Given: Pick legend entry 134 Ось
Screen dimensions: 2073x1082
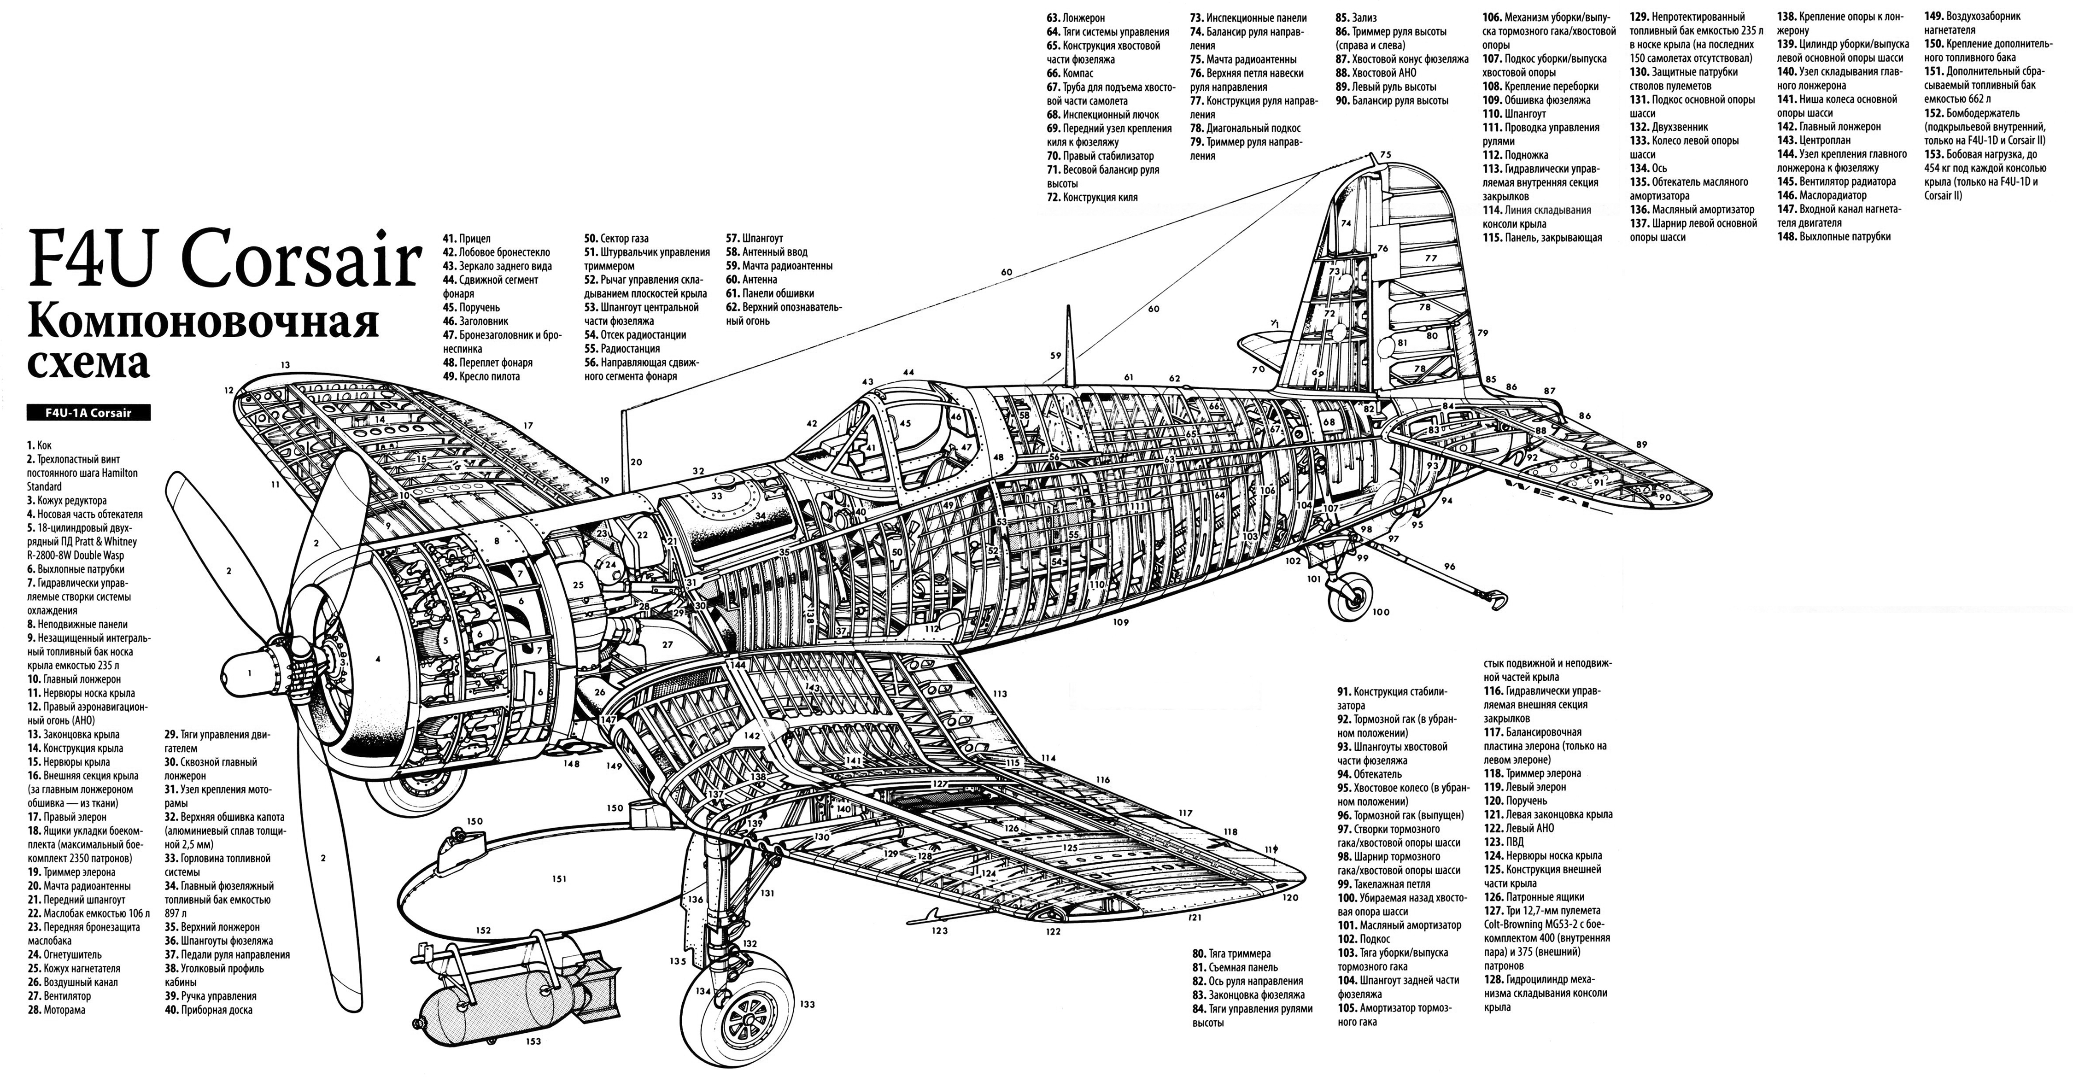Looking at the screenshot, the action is click(x=1647, y=168).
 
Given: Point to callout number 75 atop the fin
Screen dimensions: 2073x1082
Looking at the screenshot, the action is click(x=1384, y=154).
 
